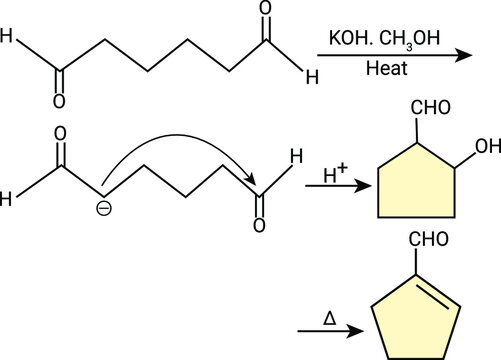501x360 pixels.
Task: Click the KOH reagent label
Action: pyautogui.click(x=348, y=39)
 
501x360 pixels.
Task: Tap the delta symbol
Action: pyautogui.click(x=329, y=317)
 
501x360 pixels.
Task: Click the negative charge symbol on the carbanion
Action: pyautogui.click(x=100, y=209)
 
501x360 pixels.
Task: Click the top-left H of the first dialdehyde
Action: pyautogui.click(x=8, y=40)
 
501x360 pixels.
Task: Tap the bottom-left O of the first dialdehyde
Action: pyautogui.click(x=59, y=101)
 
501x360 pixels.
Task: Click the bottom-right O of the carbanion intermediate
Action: pyautogui.click(x=259, y=223)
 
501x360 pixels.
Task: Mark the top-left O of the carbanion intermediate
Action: pyautogui.click(x=59, y=132)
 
